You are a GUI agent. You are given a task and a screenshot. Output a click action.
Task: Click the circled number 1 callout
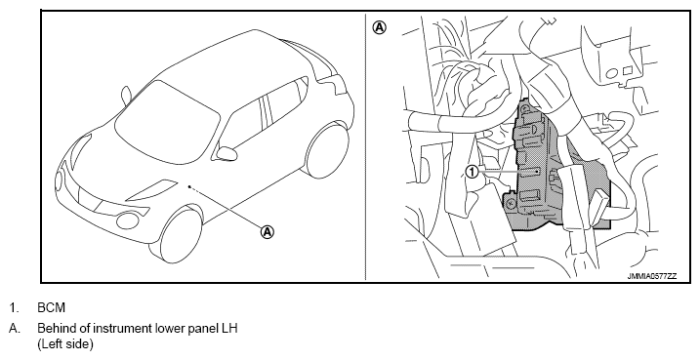[x=472, y=172]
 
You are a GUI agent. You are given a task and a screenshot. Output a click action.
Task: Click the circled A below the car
[x=267, y=232]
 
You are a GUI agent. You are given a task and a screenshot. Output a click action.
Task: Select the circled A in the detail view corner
[x=379, y=27]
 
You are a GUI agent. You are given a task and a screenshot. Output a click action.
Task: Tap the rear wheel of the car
[x=327, y=151]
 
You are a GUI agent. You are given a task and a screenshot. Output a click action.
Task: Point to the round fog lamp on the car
[x=128, y=220]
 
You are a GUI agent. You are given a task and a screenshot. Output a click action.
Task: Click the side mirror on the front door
[x=226, y=153]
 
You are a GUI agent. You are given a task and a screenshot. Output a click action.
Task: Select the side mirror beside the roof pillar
[x=126, y=96]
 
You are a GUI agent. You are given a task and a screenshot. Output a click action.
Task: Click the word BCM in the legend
[x=52, y=308]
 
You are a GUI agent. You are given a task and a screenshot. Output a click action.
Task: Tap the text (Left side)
[x=65, y=344]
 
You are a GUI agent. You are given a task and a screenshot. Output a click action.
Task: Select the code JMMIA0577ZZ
[x=652, y=276]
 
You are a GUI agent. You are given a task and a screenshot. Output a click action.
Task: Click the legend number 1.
[x=14, y=308]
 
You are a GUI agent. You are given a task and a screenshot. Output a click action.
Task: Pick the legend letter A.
[x=15, y=329]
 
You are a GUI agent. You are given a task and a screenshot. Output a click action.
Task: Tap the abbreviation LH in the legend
[x=229, y=329]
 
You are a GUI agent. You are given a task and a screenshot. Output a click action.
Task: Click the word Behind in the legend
[x=53, y=329]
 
